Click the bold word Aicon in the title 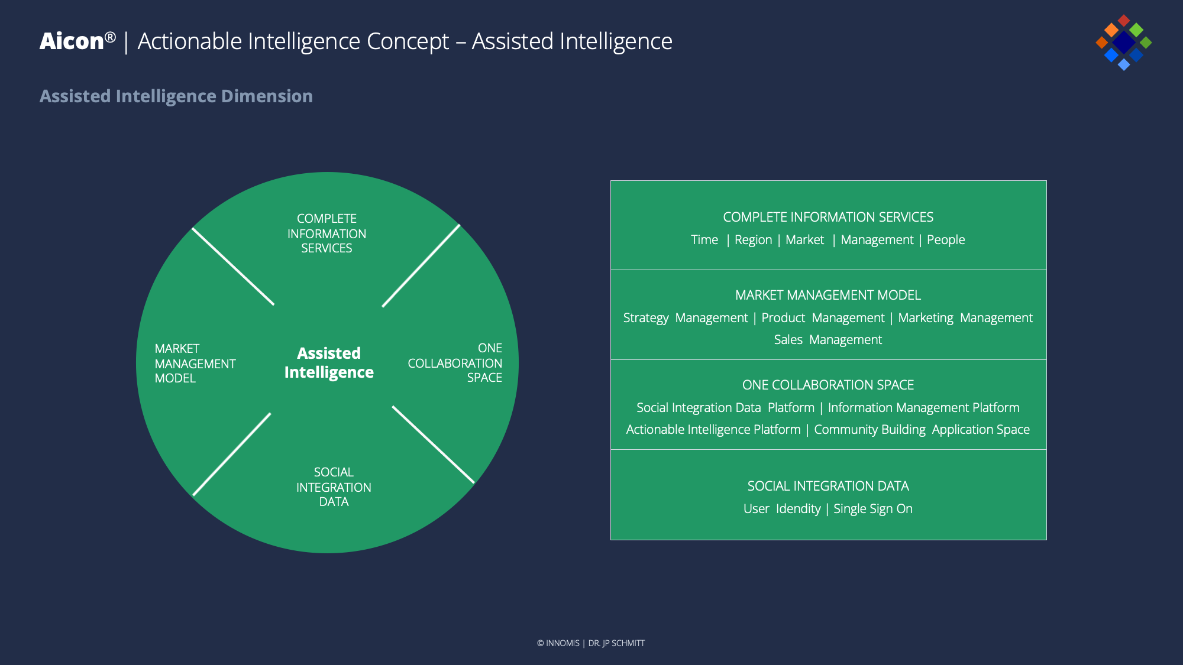tap(72, 41)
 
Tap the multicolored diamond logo tap(1123, 43)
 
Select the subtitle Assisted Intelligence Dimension tap(176, 96)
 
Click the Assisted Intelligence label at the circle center tap(329, 362)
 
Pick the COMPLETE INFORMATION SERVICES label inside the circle tap(327, 233)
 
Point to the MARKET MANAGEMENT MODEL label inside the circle tap(195, 364)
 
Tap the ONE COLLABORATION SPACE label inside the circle tap(455, 363)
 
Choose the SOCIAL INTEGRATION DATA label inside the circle tap(334, 487)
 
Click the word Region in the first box tap(753, 240)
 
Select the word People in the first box tap(945, 240)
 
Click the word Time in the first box tap(704, 240)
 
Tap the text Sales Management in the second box tap(828, 340)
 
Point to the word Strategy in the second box tap(645, 318)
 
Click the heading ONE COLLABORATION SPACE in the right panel tap(828, 385)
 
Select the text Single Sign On tap(872, 509)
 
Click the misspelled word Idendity tap(798, 509)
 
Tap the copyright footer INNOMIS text tap(562, 643)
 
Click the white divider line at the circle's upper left tap(233, 267)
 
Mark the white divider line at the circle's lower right tap(433, 445)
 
